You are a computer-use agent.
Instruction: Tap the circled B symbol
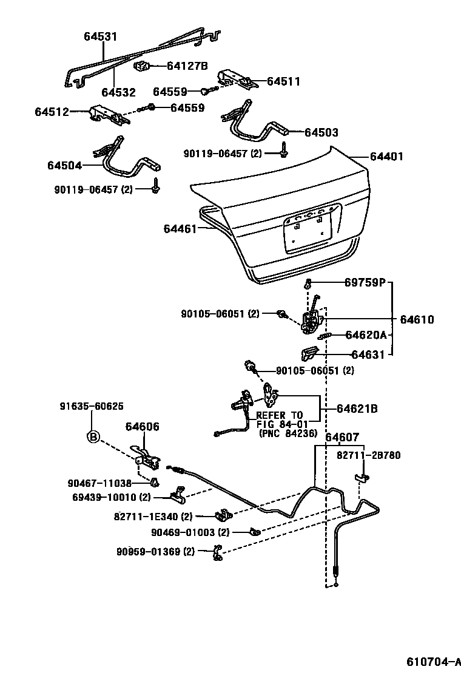point(93,436)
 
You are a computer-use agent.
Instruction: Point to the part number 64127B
point(187,66)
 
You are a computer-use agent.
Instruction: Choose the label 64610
point(417,319)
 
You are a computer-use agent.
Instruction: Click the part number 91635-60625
point(92,405)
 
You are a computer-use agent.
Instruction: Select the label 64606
point(143,427)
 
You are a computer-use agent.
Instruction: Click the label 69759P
point(365,282)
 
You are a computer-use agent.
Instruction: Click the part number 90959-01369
point(155,552)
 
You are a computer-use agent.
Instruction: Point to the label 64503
point(321,132)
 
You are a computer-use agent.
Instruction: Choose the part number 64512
point(52,112)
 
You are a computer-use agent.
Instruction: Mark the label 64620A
point(366,334)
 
